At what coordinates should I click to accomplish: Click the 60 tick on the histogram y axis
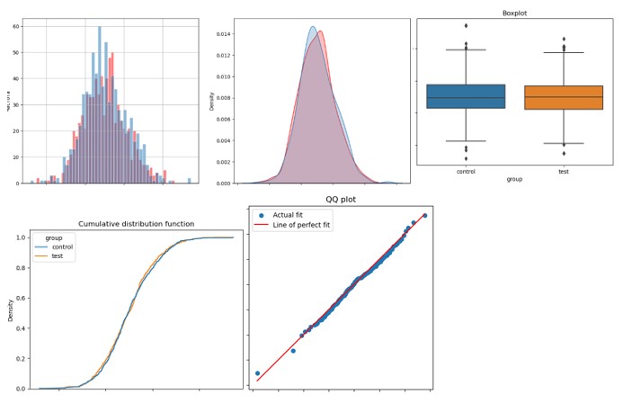point(15,26)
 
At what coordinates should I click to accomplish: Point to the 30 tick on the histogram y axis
point(15,105)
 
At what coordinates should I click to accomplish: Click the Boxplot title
point(514,13)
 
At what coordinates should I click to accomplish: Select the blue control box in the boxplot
point(466,96)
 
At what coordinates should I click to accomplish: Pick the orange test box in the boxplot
point(564,97)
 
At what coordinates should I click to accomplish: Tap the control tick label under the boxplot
point(466,171)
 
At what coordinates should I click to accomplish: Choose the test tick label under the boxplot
point(564,171)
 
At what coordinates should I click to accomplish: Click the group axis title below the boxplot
point(514,179)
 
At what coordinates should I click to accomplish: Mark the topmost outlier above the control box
point(466,25)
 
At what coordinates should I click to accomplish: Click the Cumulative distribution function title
point(136,224)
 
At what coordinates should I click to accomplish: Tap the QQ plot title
point(343,200)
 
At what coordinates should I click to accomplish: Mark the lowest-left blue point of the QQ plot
point(258,373)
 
